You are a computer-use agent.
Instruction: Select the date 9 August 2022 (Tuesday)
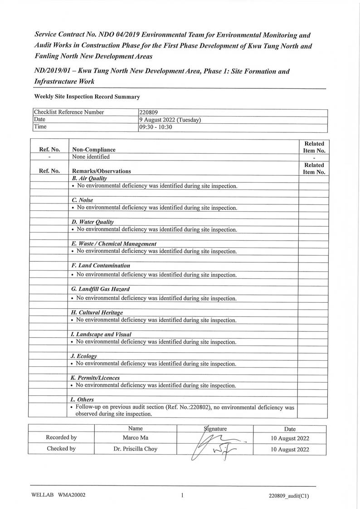tap(170, 120)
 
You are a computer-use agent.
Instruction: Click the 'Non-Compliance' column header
tap(94, 149)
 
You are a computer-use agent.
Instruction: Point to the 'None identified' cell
tap(91, 157)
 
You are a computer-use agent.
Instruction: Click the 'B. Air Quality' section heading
tap(89, 179)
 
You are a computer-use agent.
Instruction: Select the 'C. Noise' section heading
tap(82, 200)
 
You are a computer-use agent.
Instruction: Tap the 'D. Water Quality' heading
tap(92, 222)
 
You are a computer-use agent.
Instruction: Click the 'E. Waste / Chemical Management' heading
tap(114, 243)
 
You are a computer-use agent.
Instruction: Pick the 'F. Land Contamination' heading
tap(101, 265)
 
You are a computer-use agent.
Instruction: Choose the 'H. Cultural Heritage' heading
tap(97, 312)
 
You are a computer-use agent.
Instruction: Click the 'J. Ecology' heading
tap(84, 356)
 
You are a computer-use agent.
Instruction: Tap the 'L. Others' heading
tap(83, 399)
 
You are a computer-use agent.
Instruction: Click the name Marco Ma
tap(135, 438)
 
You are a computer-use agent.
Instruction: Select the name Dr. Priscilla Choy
tap(135, 449)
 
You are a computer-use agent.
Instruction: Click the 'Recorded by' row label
tap(61, 438)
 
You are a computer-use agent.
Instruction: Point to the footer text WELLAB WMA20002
tap(59, 495)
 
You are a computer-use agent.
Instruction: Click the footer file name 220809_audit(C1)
tap(289, 496)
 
